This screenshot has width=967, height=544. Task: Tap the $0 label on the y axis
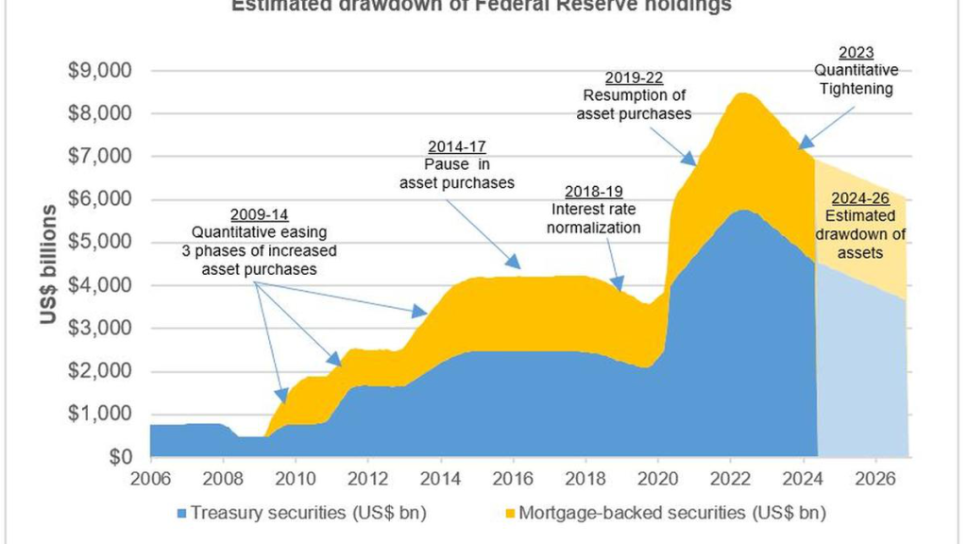121,457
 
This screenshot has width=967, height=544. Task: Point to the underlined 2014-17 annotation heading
457,147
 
